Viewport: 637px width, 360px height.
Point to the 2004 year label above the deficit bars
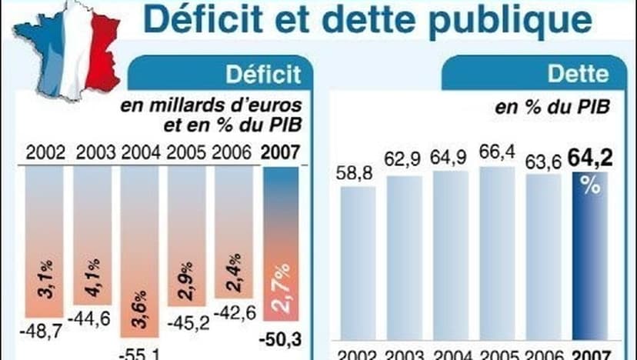click(141, 152)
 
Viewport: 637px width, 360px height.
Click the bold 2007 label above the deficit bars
click(281, 152)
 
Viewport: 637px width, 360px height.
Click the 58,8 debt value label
click(358, 175)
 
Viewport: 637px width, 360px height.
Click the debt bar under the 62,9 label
click(405, 262)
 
